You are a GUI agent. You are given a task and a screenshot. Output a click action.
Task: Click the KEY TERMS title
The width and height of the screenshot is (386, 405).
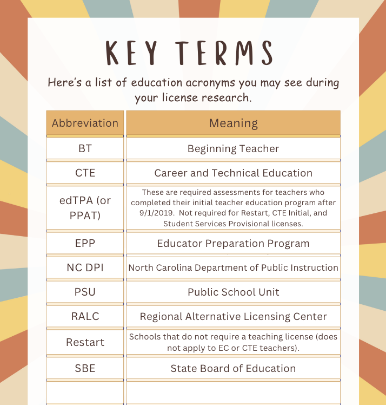point(189,53)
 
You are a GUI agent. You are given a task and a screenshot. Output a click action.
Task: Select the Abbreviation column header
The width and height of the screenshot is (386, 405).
point(85,123)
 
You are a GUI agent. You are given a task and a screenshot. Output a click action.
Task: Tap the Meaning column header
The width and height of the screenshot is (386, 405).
point(234,123)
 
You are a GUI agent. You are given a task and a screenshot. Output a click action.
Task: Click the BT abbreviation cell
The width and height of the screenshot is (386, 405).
point(85,148)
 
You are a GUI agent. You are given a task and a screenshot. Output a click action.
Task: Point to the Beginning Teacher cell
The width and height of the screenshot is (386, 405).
point(234,148)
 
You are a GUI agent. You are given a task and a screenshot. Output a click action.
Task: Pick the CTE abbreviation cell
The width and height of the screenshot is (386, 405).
point(85,173)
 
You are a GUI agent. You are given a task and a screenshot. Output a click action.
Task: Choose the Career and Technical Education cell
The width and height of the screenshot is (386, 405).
point(234,173)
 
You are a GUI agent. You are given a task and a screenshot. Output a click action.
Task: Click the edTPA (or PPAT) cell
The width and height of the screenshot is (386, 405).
point(85,208)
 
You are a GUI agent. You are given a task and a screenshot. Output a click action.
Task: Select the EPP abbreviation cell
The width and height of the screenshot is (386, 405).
point(85,243)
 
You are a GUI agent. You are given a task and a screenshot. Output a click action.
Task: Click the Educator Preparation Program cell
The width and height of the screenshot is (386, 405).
point(234,243)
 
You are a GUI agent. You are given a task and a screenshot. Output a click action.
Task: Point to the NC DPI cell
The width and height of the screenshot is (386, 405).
point(85,267)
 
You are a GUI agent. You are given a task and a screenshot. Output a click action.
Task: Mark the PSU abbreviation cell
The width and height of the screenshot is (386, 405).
point(85,292)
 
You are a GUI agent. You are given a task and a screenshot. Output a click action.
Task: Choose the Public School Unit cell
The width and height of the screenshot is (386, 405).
point(234,292)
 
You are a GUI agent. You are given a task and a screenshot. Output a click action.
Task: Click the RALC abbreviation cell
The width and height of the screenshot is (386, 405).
point(85,316)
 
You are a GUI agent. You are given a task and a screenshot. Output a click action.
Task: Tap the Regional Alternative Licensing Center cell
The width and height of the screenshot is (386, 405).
point(234,316)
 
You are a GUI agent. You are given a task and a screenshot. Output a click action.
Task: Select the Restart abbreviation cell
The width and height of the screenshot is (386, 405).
point(85,342)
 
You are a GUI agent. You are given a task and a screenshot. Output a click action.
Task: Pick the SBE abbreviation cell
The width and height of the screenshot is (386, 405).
point(85,368)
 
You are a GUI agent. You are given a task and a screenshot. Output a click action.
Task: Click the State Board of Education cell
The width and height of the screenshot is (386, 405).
point(234,368)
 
